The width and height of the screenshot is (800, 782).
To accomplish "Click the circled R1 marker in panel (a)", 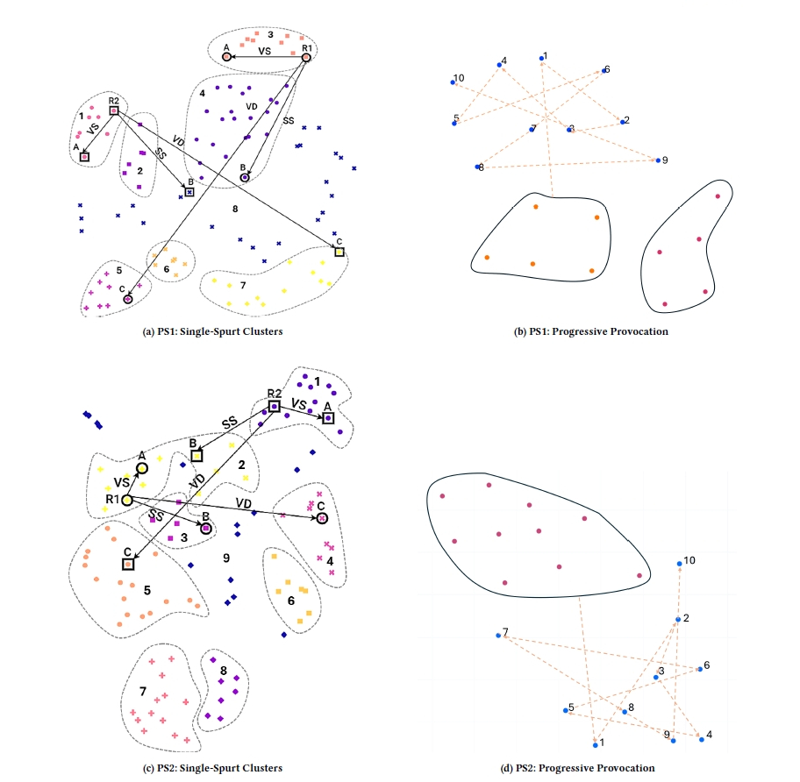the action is click(x=306, y=58).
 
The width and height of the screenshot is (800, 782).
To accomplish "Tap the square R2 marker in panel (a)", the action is click(x=114, y=110).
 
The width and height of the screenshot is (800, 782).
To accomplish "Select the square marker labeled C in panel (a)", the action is click(x=339, y=252).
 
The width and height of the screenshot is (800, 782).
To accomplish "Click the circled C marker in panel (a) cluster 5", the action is click(x=128, y=299).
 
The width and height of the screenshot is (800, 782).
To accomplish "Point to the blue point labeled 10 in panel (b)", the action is click(x=453, y=82).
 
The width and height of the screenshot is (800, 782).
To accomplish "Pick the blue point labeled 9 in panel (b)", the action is click(x=658, y=160).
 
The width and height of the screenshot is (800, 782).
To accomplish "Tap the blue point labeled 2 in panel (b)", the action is click(x=623, y=122).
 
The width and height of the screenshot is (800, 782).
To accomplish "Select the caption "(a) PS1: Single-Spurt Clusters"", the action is click(x=212, y=331).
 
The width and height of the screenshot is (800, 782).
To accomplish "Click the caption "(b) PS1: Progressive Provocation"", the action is click(x=591, y=331).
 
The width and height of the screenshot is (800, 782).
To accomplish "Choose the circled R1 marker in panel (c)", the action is click(x=127, y=501).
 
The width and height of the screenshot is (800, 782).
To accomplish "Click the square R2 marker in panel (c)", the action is click(x=275, y=406).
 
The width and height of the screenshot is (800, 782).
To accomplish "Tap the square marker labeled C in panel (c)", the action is click(x=128, y=565).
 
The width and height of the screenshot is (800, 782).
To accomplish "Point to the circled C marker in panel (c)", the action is click(x=322, y=518).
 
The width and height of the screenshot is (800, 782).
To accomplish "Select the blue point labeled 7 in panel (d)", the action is click(x=498, y=636).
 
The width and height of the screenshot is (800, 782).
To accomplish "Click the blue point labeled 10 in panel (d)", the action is click(x=680, y=564).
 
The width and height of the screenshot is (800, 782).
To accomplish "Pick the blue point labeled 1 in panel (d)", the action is click(x=596, y=745).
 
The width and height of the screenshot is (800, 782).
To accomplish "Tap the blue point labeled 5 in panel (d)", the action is click(x=565, y=710).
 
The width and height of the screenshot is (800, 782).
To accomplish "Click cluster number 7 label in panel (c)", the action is click(x=143, y=691).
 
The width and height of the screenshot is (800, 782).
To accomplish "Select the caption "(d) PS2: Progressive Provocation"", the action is click(x=577, y=768).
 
